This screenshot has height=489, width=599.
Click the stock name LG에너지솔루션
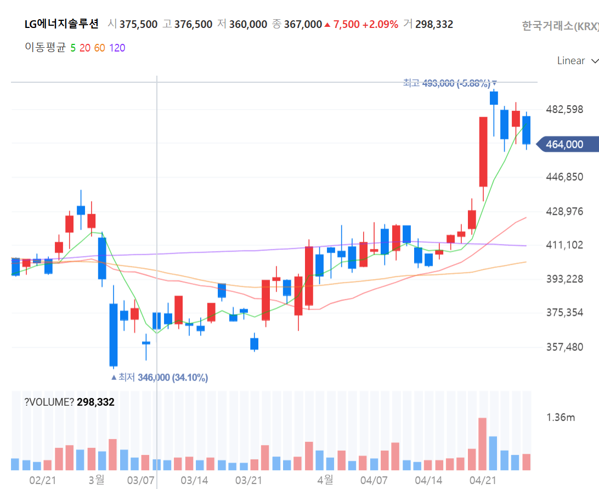coord(62,24)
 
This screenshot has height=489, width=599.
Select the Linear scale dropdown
coord(578,61)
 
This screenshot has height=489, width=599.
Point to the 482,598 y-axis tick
coord(564,110)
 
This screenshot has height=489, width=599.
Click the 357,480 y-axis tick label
coord(564,347)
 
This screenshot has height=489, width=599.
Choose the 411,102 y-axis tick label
coord(564,245)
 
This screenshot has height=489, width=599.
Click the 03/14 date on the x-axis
coord(194,480)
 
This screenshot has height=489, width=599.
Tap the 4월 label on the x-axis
coord(325,480)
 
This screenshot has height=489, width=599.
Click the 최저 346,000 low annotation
coord(160,378)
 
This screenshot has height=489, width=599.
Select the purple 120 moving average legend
coord(117,48)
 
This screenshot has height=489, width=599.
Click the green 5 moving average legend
coord(73,48)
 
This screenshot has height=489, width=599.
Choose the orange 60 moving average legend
coord(99,48)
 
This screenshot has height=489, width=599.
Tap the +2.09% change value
coord(380,24)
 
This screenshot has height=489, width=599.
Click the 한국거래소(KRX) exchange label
coord(560,26)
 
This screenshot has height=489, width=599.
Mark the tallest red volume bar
coord(482,444)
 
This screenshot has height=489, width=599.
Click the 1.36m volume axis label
coord(561,418)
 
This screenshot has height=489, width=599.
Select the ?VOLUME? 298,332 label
coord(69,402)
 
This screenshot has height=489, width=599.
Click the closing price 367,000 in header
coord(303,24)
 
